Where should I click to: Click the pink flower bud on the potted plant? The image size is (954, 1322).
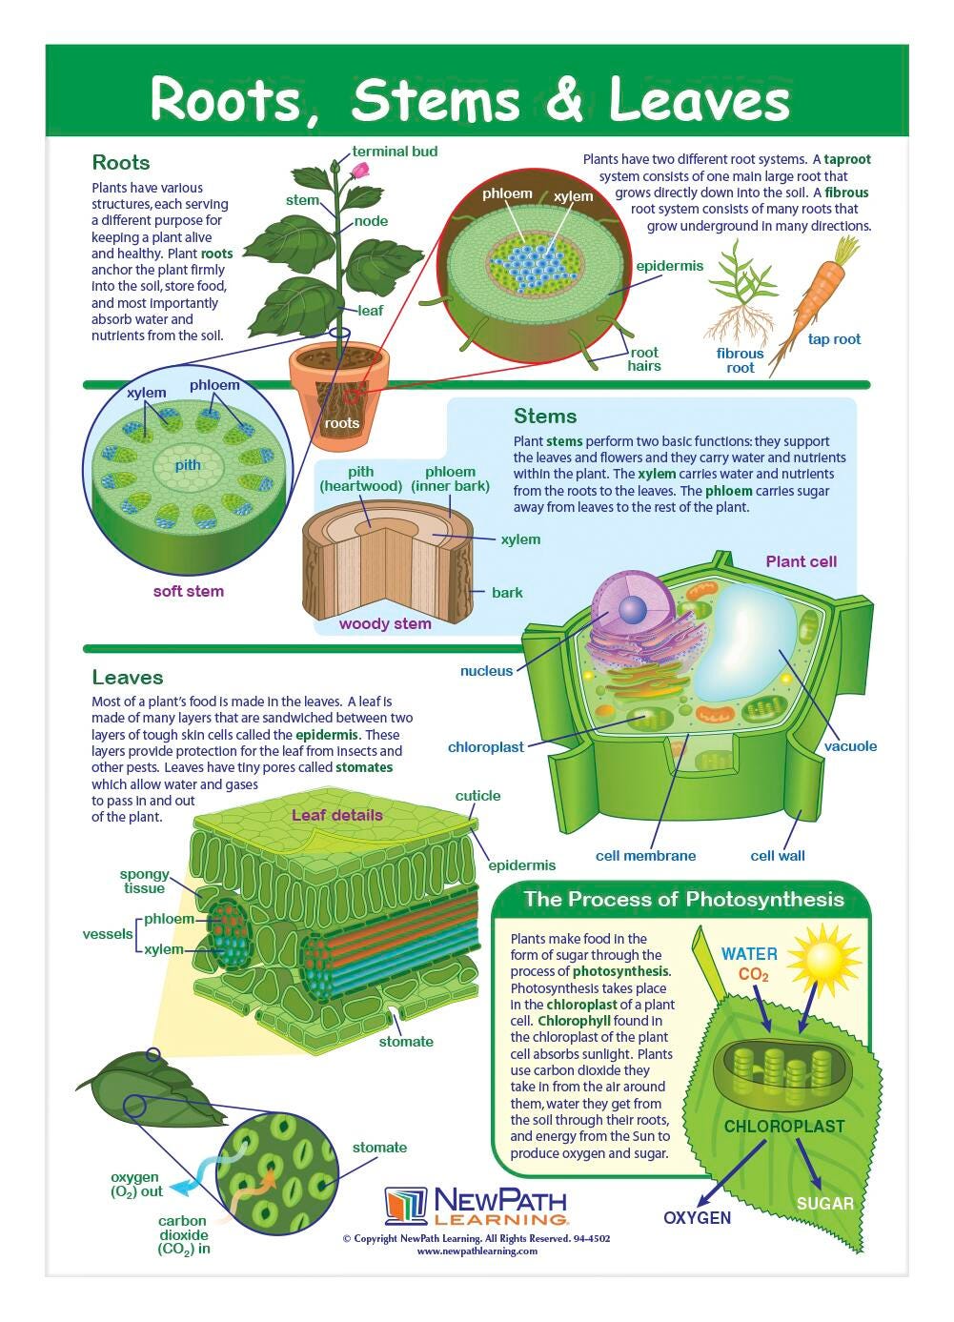(359, 171)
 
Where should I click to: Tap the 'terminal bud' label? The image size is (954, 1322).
(395, 152)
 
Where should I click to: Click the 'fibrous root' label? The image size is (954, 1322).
(740, 360)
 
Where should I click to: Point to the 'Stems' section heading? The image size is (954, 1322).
(545, 417)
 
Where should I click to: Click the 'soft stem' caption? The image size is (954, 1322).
(188, 591)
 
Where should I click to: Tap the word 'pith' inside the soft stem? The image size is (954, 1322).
(188, 465)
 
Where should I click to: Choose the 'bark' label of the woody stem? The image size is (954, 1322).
(507, 593)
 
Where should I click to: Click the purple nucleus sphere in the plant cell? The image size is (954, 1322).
(633, 610)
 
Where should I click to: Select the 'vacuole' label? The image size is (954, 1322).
(850, 746)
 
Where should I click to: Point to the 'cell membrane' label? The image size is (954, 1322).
(645, 856)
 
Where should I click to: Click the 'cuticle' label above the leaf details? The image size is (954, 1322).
(477, 796)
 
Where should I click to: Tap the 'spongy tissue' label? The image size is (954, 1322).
(145, 881)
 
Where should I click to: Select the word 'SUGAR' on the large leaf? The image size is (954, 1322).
(824, 1204)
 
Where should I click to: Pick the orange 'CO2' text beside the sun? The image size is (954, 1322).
(754, 974)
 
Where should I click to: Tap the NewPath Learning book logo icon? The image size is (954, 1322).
(406, 1206)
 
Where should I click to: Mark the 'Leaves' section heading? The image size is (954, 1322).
(128, 678)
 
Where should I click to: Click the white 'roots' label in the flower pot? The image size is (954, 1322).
(341, 423)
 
